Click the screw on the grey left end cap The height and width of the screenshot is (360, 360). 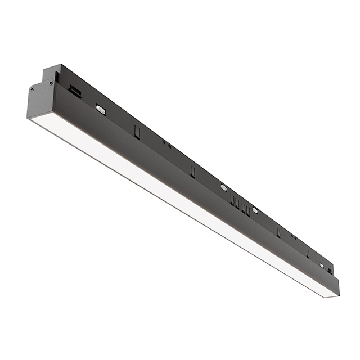click(33, 88)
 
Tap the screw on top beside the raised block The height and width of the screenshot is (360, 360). click(51, 83)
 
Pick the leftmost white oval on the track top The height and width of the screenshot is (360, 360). click(101, 109)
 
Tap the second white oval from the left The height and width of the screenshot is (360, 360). click(223, 186)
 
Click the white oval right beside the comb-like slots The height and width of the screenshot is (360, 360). click(255, 210)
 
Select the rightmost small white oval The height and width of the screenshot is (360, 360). click(322, 265)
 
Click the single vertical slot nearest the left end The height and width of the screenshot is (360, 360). click(136, 130)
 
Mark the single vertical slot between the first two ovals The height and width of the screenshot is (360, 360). click(192, 170)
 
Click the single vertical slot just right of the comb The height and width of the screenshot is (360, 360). click(278, 231)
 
